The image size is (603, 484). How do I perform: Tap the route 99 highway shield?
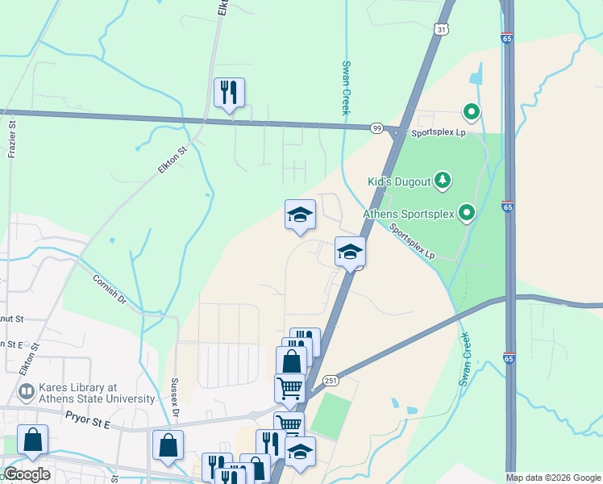click(x=376, y=128)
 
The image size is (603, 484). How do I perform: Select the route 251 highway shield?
click(x=331, y=380)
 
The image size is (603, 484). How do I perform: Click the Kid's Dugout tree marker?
click(x=442, y=180)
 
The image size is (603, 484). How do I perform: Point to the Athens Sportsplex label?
click(x=409, y=214)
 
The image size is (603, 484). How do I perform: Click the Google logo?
click(x=27, y=474)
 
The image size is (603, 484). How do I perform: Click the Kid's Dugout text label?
click(x=399, y=181)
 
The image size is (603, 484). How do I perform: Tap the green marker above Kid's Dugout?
click(x=471, y=112)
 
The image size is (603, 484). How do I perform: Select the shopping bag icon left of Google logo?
click(x=32, y=440)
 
